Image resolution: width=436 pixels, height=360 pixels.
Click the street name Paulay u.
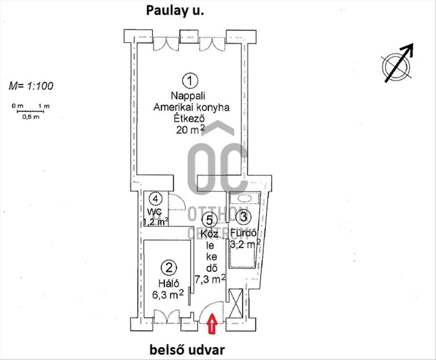tap(175, 11)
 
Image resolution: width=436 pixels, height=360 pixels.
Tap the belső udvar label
tap(187, 350)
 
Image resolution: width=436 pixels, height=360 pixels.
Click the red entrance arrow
tap(212, 323)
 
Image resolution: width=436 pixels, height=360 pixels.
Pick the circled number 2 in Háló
tap(169, 268)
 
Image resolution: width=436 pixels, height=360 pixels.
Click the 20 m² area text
tap(190, 130)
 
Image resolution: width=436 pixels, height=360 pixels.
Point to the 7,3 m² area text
tap(210, 279)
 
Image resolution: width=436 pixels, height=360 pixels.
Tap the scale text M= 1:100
tap(31, 86)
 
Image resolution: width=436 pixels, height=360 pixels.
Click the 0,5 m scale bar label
tap(30, 117)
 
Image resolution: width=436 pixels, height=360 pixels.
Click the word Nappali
tap(188, 96)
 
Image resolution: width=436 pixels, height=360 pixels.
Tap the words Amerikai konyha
tap(191, 107)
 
